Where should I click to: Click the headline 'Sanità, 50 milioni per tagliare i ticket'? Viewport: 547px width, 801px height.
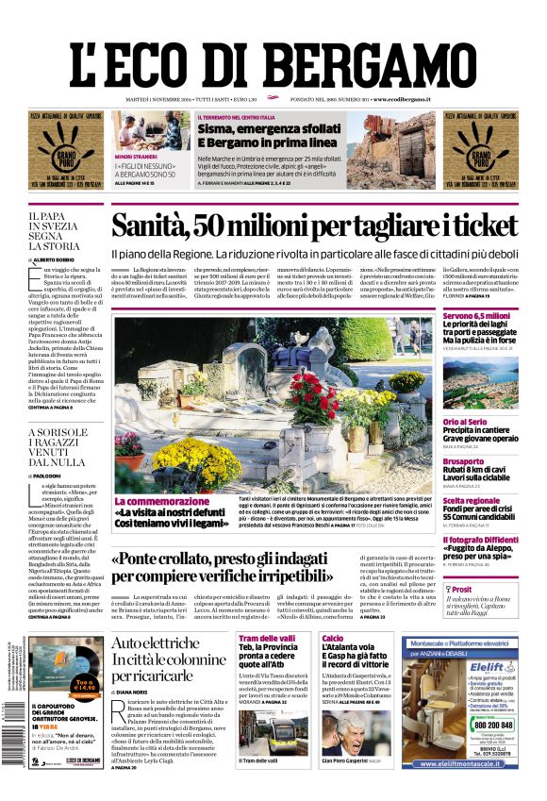(x=314, y=225)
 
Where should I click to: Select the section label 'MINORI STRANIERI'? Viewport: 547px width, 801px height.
(x=136, y=157)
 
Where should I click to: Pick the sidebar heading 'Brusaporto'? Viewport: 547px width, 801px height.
(x=463, y=461)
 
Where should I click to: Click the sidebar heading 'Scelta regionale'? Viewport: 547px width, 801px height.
(x=472, y=500)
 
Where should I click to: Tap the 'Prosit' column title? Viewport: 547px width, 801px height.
(x=461, y=588)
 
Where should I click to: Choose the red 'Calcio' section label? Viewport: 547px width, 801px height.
(x=332, y=639)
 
